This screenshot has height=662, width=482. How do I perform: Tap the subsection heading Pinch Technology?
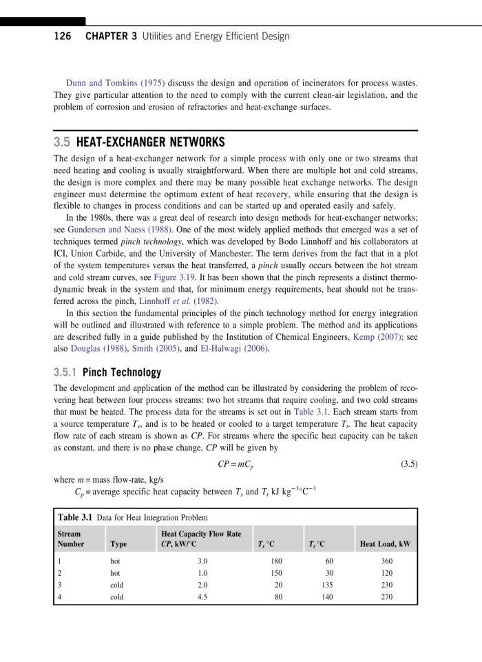(121, 372)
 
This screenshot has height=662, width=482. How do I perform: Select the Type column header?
(118, 544)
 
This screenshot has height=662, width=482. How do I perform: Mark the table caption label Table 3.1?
(74, 517)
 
